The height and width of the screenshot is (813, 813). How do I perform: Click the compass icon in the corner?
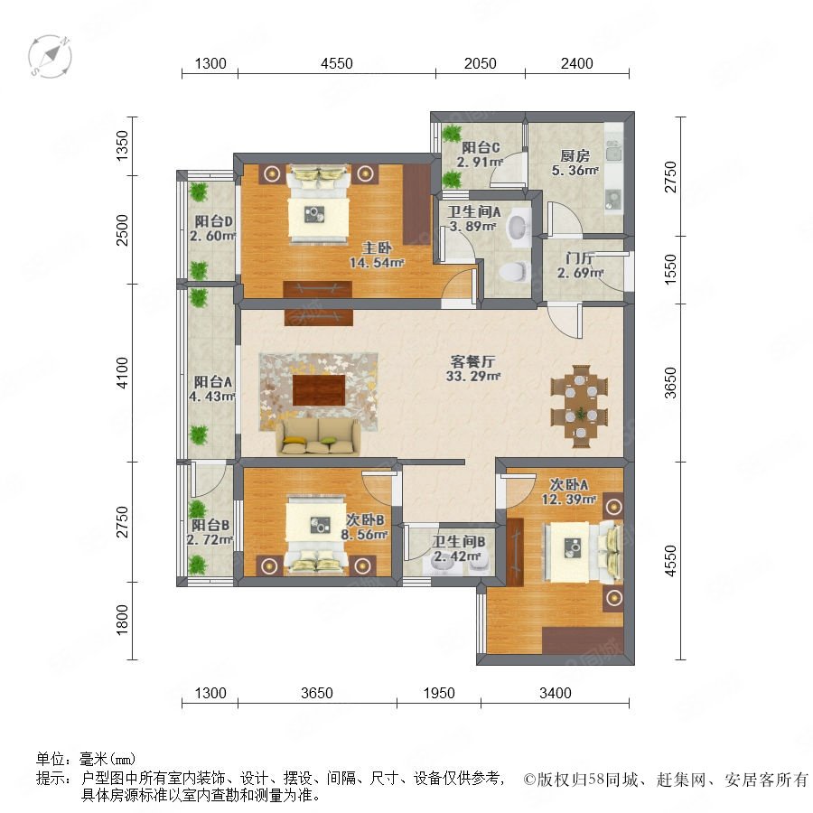50,57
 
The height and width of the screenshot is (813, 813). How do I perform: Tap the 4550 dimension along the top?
337,63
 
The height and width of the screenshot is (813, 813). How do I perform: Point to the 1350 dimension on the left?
122,145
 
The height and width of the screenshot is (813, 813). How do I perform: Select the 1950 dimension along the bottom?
439,693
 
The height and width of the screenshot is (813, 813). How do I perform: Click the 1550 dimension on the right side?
670,268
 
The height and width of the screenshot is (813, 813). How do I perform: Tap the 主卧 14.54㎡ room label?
377,255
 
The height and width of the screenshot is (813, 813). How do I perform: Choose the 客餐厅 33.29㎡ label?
472,369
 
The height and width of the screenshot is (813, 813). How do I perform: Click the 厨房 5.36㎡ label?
575,163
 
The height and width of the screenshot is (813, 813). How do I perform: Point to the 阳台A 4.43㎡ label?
212,389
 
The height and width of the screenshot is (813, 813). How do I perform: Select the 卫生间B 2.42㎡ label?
459,549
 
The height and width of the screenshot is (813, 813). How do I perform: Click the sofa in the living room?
318,436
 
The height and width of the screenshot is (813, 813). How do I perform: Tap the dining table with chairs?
579,406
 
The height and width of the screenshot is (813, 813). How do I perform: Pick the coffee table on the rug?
319,390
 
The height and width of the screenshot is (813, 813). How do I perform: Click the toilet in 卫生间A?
514,271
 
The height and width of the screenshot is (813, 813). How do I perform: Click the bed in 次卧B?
316,535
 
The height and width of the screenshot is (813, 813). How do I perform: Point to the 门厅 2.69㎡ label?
580,265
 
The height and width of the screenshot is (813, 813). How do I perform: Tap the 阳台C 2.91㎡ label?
481,154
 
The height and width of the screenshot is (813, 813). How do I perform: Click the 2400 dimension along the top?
576,63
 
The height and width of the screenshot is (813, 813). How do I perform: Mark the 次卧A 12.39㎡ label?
569,491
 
